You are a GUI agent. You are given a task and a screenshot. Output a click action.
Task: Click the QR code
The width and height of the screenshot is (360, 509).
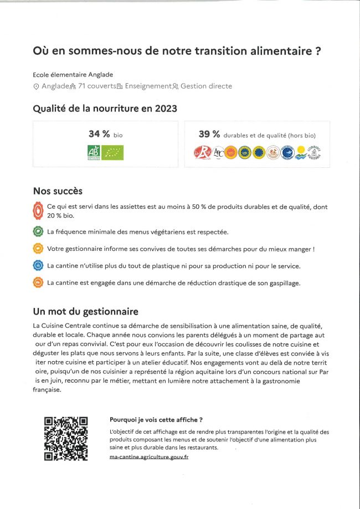[66, 438]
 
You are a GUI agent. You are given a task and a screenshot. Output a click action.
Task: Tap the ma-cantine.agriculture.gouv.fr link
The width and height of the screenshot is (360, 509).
[149, 456]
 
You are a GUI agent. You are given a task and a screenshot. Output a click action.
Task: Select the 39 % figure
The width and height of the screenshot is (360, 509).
[209, 134]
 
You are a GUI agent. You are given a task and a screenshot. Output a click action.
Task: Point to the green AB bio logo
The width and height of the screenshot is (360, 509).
[94, 152]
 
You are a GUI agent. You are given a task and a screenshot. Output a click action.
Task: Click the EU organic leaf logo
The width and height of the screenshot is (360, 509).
[112, 152]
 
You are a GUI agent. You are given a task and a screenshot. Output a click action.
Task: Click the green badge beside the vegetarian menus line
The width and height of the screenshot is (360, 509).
[38, 232]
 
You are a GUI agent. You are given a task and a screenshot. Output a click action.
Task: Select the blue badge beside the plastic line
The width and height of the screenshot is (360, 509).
[38, 265]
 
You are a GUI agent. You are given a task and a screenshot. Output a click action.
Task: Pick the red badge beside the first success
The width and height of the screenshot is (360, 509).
[38, 210]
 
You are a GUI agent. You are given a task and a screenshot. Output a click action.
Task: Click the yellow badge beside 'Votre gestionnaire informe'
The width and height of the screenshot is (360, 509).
[38, 249]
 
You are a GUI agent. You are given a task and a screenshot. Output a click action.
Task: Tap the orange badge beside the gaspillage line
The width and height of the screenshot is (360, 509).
[38, 282]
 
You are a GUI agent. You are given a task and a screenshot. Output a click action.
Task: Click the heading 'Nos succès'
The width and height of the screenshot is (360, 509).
[58, 191]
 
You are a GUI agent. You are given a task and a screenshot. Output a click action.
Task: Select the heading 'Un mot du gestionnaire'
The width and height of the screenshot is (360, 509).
[85, 311]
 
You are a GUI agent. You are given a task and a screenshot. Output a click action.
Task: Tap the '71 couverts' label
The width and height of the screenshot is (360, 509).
[96, 86]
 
